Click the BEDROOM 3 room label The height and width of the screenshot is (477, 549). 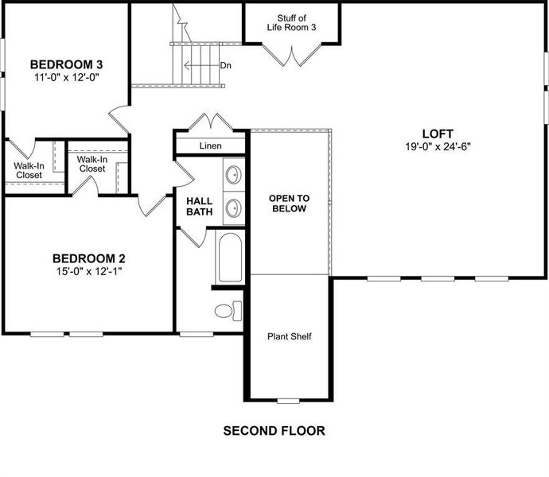[67, 64]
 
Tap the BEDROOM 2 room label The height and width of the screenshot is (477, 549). [89, 258]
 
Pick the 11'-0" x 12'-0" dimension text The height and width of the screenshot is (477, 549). [67, 78]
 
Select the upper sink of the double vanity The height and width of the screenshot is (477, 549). [234, 174]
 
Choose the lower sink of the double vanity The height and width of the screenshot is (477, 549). [234, 208]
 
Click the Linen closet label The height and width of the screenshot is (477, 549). [211, 146]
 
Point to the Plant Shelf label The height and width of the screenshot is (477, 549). [289, 336]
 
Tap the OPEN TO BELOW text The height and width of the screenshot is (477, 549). [289, 204]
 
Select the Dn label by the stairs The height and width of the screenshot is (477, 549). [226, 65]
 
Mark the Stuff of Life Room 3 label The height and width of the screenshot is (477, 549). [291, 22]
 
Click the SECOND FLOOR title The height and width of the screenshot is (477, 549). [274, 431]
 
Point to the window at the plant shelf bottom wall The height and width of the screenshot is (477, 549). [289, 399]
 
